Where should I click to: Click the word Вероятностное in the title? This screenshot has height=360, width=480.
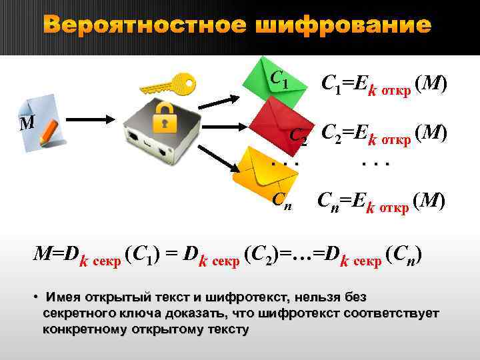(143, 26)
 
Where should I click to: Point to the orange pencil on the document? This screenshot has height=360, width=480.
(49, 134)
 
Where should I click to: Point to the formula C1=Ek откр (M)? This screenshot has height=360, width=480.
(384, 84)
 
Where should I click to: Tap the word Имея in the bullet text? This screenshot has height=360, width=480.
(62, 297)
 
